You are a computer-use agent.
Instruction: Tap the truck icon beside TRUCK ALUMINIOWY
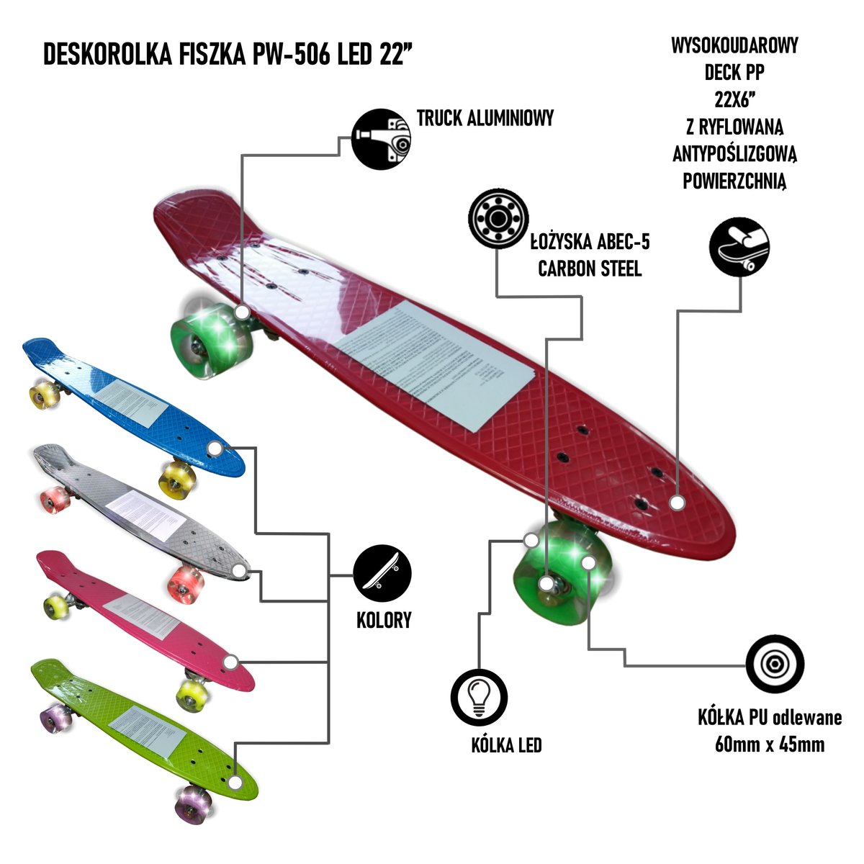click(x=381, y=137)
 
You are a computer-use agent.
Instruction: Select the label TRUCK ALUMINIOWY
click(x=486, y=118)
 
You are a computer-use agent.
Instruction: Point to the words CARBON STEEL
click(x=590, y=269)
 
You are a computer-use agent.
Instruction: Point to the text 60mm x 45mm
click(x=770, y=744)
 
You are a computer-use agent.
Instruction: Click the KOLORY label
click(x=384, y=620)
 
